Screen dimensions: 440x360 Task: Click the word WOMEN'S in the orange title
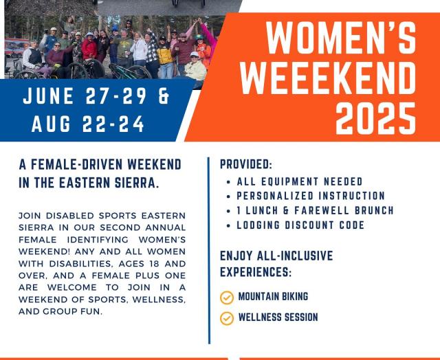coord(341,37)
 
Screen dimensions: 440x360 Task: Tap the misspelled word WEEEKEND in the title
coord(328,78)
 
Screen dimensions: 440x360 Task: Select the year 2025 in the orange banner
coord(376,119)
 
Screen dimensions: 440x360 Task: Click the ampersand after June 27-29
coord(164,96)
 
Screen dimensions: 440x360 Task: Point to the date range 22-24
coord(113,124)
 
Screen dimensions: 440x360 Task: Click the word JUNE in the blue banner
coord(48,96)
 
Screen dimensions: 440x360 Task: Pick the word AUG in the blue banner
coord(51,124)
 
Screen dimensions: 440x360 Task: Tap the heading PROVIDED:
coord(246,164)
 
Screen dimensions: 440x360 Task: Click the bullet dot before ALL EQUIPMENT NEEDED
coord(228,182)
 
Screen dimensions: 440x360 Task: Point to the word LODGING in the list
coord(258,225)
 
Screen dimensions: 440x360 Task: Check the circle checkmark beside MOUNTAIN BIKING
coord(227,297)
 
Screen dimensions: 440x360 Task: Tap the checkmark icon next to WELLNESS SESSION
coord(227,319)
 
